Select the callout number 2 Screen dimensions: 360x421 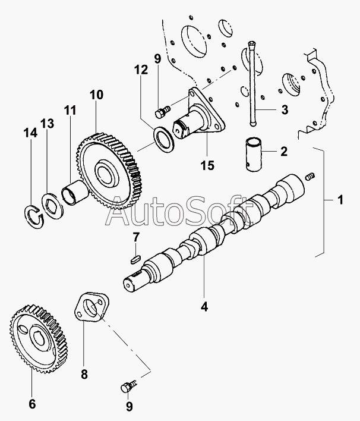(x=284, y=152)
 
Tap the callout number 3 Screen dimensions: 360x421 (x=284, y=109)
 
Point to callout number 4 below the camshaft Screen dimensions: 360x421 (x=204, y=307)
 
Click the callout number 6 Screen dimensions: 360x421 (x=31, y=404)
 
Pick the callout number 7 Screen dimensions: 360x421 (x=136, y=238)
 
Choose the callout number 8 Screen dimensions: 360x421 (x=84, y=375)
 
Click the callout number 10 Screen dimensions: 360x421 (x=96, y=95)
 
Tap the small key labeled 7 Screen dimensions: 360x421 (x=134, y=259)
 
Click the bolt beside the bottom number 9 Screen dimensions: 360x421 (x=127, y=387)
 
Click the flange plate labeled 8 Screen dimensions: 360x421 (x=91, y=309)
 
